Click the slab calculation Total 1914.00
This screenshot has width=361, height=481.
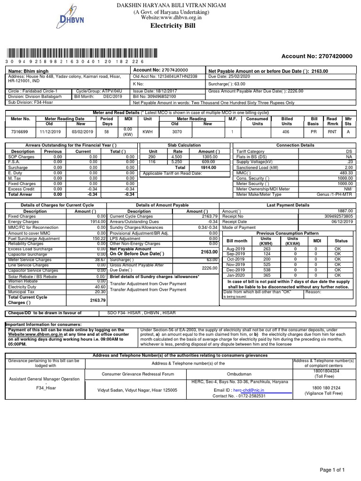click(x=208, y=167)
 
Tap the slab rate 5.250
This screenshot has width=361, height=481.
click(x=178, y=162)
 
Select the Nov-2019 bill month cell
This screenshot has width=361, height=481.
click(x=236, y=264)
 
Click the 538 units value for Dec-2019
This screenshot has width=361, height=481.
click(x=267, y=270)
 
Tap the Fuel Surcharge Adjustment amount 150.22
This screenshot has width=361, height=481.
click(x=98, y=239)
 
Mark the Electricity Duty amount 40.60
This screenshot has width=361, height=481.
click(x=99, y=287)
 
